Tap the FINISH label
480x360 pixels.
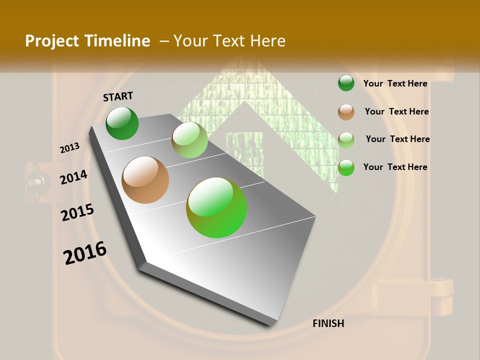328,323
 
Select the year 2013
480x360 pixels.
69,148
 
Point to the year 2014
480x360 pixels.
73,177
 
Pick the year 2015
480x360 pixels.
77,212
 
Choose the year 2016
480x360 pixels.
85,253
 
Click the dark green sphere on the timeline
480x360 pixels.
122,123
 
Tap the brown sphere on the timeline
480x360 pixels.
145,180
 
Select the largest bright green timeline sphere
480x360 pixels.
216,207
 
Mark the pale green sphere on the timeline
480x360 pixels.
189,140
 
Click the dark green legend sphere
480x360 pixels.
346,83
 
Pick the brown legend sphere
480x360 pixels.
346,112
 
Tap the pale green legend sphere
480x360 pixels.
346,140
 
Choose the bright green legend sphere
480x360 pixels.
346,168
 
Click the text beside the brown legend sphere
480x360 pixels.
396,111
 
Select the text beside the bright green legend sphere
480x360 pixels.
395,167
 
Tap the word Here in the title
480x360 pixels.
267,41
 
